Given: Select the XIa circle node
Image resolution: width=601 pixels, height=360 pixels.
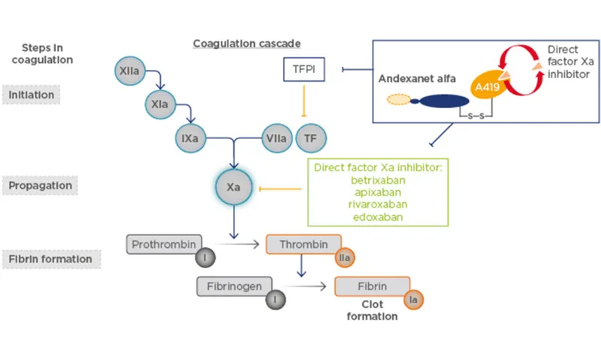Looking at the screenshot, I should (159, 106).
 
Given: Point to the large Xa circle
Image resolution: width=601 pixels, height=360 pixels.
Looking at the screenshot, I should (234, 187).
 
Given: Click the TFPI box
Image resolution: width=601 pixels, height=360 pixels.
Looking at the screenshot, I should (304, 70).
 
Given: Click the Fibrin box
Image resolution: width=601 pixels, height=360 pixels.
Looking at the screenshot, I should (371, 286).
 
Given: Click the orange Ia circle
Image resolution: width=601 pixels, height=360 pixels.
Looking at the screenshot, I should (412, 299).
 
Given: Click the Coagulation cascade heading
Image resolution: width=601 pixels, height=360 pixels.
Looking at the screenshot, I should (246, 44).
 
